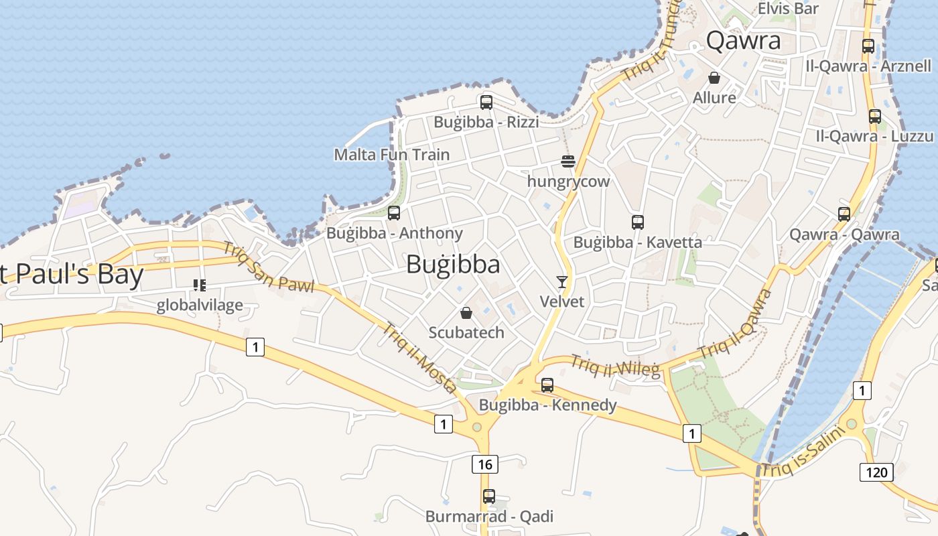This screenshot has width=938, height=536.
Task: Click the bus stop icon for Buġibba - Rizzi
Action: coord(486,103)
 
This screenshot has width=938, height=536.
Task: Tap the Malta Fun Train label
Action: coord(392,155)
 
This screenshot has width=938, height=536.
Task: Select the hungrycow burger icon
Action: coord(568,161)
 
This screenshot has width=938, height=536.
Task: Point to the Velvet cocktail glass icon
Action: coord(562,282)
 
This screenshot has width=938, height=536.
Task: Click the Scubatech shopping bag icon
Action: coord(466,313)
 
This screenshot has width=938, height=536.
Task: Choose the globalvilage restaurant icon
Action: coord(199,286)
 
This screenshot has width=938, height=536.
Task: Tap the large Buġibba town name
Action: coord(453,265)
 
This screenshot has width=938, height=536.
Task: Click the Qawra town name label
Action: coord(744,41)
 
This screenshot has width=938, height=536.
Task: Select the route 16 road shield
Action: coord(484,464)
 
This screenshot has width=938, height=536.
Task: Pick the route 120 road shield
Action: coord(876,472)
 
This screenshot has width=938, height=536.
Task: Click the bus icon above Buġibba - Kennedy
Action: coord(547,385)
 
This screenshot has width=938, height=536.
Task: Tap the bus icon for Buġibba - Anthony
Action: coord(394,213)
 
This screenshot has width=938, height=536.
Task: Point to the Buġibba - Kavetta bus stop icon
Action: coord(638,222)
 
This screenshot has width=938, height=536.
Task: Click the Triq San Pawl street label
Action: coord(268,268)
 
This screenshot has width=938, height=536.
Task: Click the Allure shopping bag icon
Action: coord(714,78)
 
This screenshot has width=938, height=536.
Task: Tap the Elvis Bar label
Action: coord(788,9)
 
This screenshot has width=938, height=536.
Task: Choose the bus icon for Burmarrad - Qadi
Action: coord(489,496)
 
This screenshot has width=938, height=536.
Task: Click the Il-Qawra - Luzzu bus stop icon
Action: coord(874,116)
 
